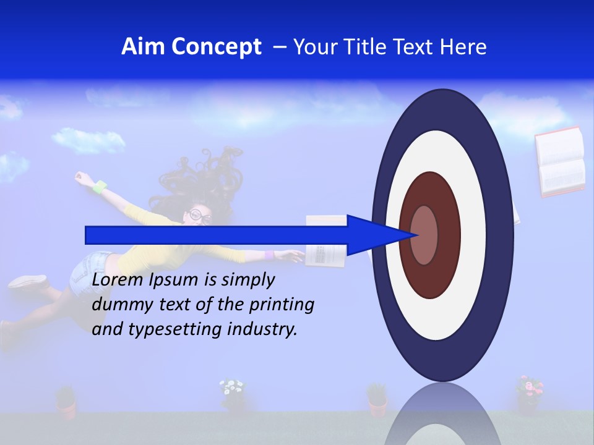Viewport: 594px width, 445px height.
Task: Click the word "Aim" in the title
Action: pyautogui.click(x=144, y=47)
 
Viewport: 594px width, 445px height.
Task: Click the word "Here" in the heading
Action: pyautogui.click(x=463, y=47)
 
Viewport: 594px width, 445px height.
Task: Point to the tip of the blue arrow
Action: pyautogui.click(x=420, y=235)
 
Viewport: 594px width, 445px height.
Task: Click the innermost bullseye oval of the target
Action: pyautogui.click(x=424, y=235)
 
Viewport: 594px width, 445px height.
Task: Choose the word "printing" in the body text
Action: pyautogui.click(x=284, y=305)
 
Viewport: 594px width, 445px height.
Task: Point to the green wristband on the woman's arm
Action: pyautogui.click(x=99, y=185)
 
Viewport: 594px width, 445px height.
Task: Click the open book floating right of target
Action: pyautogui.click(x=561, y=162)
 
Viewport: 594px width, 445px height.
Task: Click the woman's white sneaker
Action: pyautogui.click(x=27, y=281)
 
